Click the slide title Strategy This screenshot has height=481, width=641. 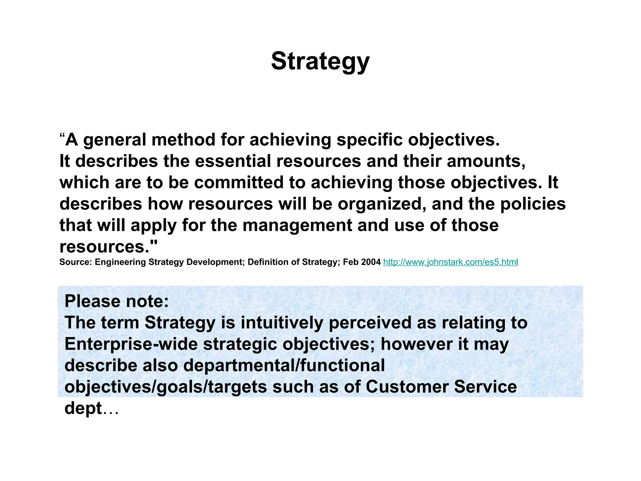coord(320,61)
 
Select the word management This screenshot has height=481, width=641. coord(297,225)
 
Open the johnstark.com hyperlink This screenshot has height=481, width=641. coord(450,262)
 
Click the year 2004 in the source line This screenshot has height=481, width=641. coord(371,262)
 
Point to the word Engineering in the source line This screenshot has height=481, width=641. coord(120,262)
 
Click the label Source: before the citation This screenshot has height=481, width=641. coord(76,262)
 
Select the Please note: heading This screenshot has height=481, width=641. coord(117,301)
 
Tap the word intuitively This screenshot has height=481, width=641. coord(282,323)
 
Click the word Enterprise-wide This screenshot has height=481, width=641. coord(131,344)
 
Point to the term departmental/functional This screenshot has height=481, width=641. coord(284,365)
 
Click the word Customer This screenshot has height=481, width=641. coord(407,387)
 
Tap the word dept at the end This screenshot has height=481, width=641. coord(83,408)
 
